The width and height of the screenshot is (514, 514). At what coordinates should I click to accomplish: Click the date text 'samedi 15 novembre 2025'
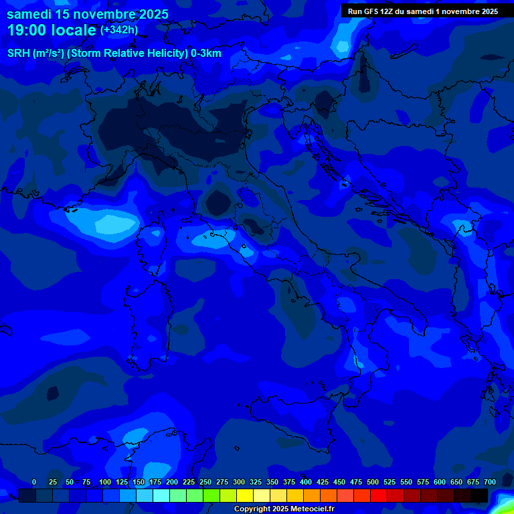(x=87, y=14)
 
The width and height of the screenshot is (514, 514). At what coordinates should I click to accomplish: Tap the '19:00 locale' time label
(x=52, y=31)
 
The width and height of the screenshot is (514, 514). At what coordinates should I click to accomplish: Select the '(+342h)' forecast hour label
(x=119, y=30)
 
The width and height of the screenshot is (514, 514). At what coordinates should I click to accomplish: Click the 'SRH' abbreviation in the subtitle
(x=19, y=54)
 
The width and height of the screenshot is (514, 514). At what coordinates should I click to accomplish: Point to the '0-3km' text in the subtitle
(x=205, y=54)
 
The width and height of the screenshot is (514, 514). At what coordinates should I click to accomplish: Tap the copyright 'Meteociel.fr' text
(x=312, y=509)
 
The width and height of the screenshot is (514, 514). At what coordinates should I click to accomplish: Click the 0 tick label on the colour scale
(x=34, y=482)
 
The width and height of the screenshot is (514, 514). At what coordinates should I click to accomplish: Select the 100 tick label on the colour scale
(x=105, y=482)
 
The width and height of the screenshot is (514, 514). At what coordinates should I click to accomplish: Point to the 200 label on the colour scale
(x=172, y=482)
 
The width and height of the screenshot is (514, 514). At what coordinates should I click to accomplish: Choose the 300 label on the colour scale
(x=239, y=482)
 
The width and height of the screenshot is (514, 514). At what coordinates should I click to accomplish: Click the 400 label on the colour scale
(x=306, y=482)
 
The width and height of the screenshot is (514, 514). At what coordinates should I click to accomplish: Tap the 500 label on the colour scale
(x=373, y=482)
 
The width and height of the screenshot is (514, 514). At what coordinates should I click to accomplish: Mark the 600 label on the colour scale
(x=440, y=482)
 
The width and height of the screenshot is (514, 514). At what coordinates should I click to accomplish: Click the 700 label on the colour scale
(x=489, y=482)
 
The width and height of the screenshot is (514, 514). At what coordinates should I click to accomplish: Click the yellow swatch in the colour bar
(x=245, y=495)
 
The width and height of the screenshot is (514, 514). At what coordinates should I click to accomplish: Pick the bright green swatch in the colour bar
(x=211, y=495)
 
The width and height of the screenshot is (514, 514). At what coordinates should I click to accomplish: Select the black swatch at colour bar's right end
(x=479, y=495)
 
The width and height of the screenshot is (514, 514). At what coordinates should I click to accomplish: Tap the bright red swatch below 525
(x=379, y=495)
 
